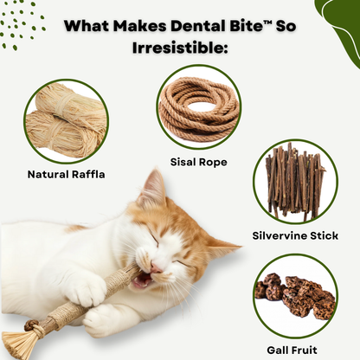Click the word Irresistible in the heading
[x=179, y=48]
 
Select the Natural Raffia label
[x=67, y=174]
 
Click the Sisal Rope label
[x=199, y=160]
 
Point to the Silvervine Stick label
[x=296, y=235]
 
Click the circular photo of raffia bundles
[x=67, y=121]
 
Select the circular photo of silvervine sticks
[x=296, y=181]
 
